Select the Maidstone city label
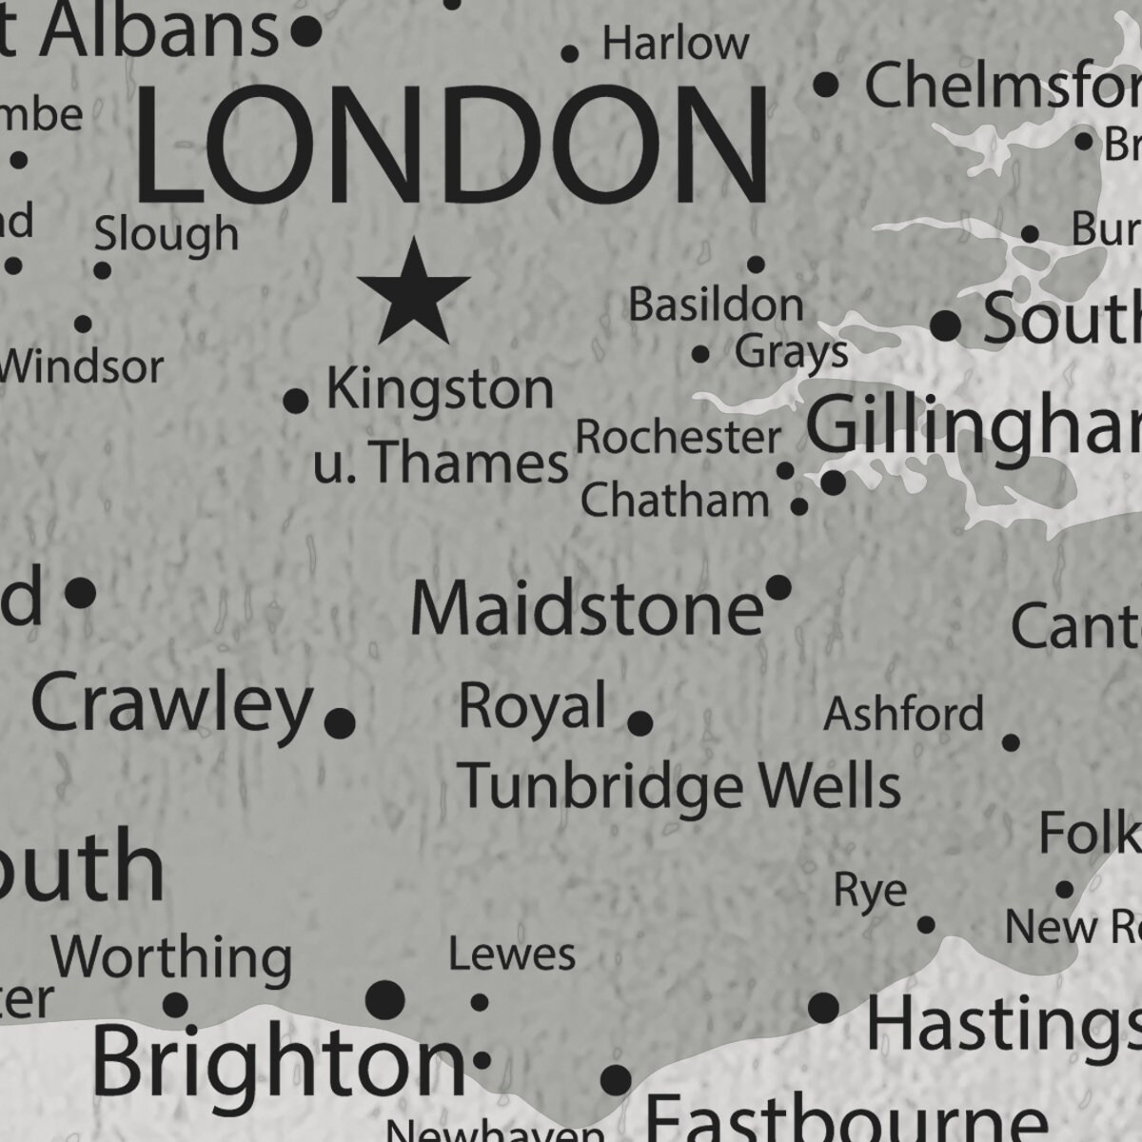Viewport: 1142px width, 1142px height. pyautogui.click(x=587, y=609)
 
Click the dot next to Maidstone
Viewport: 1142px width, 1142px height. pyautogui.click(x=778, y=588)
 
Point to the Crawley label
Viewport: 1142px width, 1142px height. pyautogui.click(x=172, y=704)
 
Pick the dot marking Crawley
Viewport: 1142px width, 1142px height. pyautogui.click(x=339, y=723)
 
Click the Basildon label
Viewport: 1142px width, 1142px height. pyautogui.click(x=716, y=305)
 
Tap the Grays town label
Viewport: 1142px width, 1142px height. pyautogui.click(x=791, y=352)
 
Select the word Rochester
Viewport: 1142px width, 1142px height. pyautogui.click(x=679, y=438)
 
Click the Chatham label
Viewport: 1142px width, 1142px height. pyautogui.click(x=675, y=501)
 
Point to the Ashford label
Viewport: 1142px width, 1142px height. pyautogui.click(x=903, y=714)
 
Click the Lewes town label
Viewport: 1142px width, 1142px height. pyautogui.click(x=512, y=955)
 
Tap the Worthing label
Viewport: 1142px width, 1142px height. pyautogui.click(x=171, y=957)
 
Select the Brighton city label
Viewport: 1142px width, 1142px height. pyautogui.click(x=278, y=1062)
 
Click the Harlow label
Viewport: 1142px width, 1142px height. pyautogui.click(x=676, y=44)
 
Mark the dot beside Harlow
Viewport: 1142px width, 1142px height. pyautogui.click(x=570, y=54)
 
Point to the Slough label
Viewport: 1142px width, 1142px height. pyautogui.click(x=167, y=233)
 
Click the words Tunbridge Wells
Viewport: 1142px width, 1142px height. pyautogui.click(x=679, y=786)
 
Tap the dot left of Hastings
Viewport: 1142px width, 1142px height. pyautogui.click(x=823, y=1007)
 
